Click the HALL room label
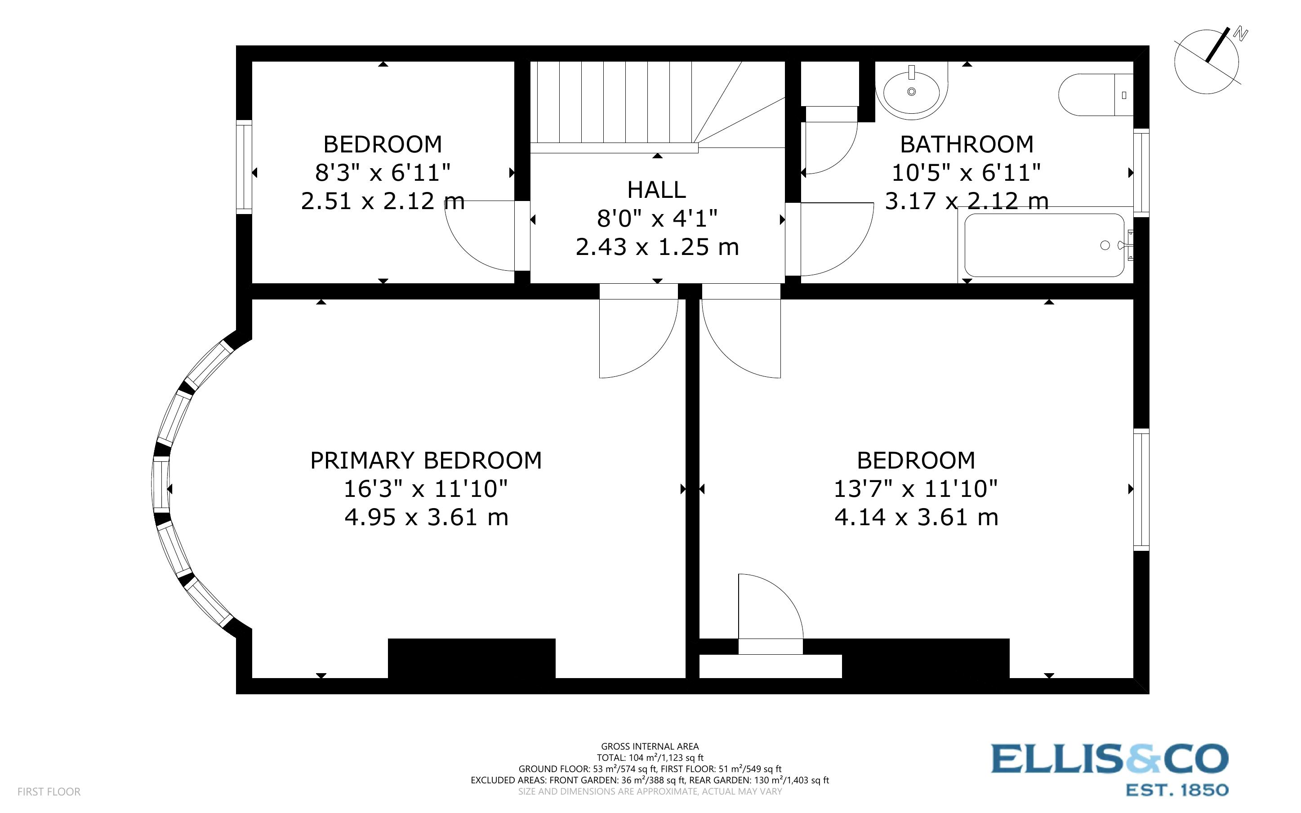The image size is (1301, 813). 656,190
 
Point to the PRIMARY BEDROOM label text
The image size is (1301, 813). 426,461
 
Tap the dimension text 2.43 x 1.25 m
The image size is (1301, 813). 657,247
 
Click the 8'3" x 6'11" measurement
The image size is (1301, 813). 382,173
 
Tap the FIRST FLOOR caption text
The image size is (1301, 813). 49,791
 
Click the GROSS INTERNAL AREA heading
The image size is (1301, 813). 650,746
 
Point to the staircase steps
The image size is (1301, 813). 613,102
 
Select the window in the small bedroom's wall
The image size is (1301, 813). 244,167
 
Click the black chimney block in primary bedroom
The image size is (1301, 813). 471,658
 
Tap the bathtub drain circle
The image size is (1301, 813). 1105,245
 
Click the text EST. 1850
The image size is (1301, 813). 1177,790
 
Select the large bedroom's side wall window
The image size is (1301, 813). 1141,489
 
